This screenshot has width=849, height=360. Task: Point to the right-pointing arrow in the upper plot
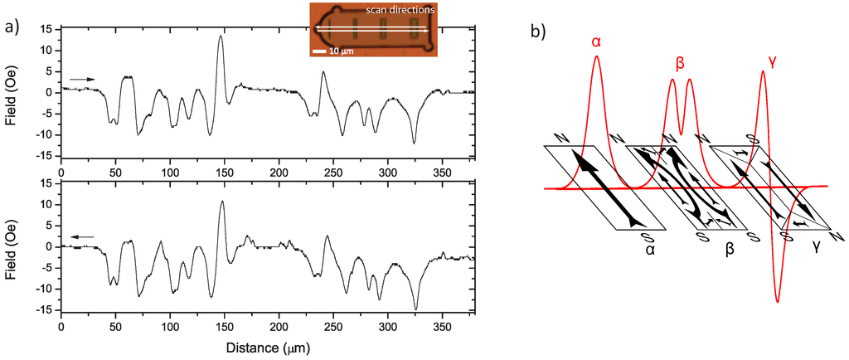tap(82, 79)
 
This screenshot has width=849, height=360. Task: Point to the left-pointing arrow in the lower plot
tap(82, 236)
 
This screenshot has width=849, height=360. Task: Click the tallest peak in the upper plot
tap(221, 36)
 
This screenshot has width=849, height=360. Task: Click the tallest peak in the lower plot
tap(221, 202)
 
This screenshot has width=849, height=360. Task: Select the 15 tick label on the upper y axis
tap(47, 29)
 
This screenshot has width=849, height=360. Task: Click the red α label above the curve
tap(596, 39)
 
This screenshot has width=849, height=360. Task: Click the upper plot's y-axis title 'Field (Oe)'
tap(11, 93)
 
